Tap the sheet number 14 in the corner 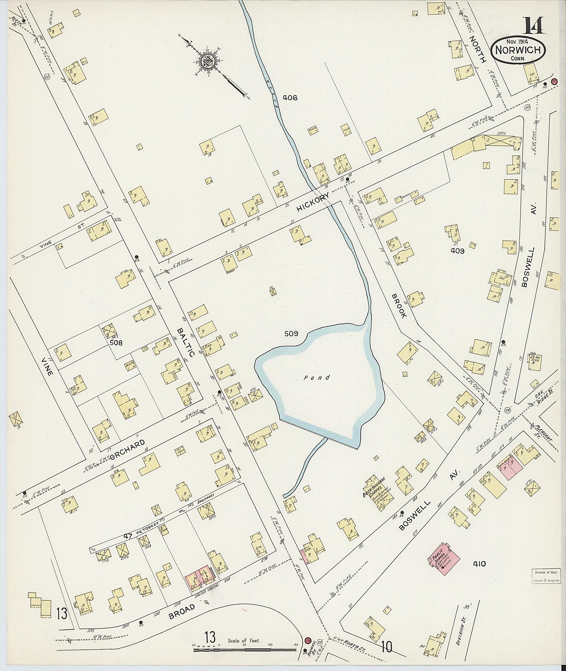(533, 25)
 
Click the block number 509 (291, 333)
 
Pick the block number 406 (290, 98)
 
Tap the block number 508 (116, 342)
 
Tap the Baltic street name (186, 342)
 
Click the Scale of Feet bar (245, 650)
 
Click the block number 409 (457, 251)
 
